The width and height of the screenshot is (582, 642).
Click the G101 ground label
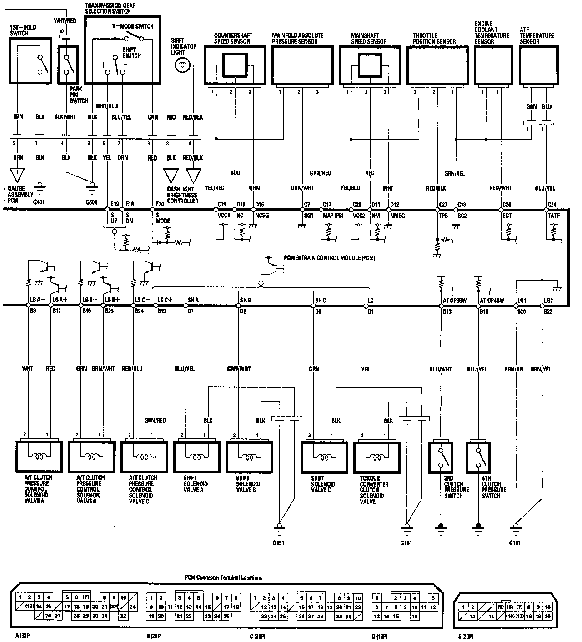tap(515, 542)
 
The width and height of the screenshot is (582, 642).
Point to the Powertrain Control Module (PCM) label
tap(330, 257)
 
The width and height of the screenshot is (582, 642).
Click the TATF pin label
tap(552, 215)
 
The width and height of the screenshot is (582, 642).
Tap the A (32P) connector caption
tap(22, 636)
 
